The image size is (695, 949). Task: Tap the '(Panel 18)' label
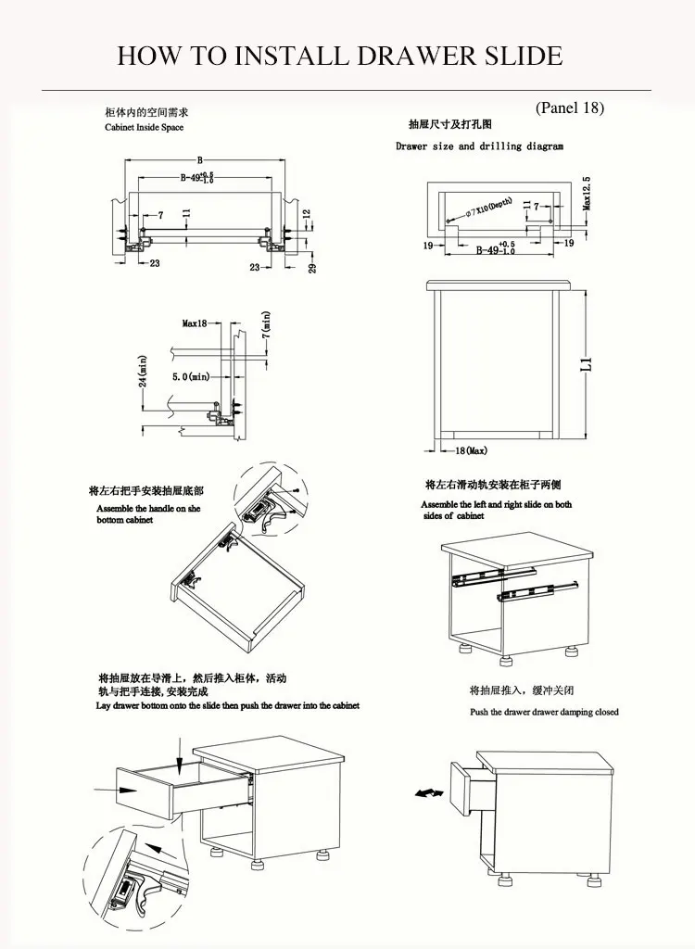pyautogui.click(x=570, y=108)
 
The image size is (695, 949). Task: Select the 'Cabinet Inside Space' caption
pyautogui.click(x=145, y=127)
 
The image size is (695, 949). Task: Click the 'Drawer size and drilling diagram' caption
pyautogui.click(x=479, y=146)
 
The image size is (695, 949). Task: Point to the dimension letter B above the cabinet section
pyautogui.click(x=199, y=159)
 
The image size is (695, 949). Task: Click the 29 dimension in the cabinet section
pyautogui.click(x=313, y=268)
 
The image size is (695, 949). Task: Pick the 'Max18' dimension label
pyautogui.click(x=195, y=323)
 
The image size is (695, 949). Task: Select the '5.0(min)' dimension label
pyautogui.click(x=190, y=377)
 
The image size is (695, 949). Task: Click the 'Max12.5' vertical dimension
pyautogui.click(x=586, y=194)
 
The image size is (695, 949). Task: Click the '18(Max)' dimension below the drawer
pyautogui.click(x=470, y=450)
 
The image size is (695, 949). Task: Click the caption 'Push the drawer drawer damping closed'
pyautogui.click(x=544, y=712)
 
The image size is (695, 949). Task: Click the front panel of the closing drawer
pyautogui.click(x=461, y=786)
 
